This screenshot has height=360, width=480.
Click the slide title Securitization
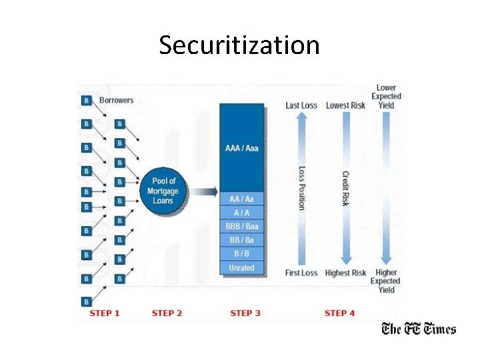point(239,45)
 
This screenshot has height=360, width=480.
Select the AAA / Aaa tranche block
point(241,147)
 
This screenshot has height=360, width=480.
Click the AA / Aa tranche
point(241,199)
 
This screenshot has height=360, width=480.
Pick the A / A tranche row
point(241,213)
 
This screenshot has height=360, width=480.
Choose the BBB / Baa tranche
point(241,226)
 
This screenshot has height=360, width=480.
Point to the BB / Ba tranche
point(241,240)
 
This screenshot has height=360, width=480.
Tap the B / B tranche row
point(241,254)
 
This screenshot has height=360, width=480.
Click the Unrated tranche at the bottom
point(241,267)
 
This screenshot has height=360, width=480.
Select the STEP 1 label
point(105,313)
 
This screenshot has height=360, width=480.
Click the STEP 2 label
point(167,313)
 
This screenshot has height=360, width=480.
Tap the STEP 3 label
point(245,313)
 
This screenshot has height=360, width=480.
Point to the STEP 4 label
point(340,313)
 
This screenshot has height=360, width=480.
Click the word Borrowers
point(116,101)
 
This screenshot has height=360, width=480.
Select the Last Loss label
point(301,105)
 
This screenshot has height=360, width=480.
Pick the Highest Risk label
point(345,273)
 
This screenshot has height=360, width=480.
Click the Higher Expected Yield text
point(386,281)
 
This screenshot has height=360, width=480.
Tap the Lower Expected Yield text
point(386,97)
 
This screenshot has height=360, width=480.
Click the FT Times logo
point(418,329)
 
